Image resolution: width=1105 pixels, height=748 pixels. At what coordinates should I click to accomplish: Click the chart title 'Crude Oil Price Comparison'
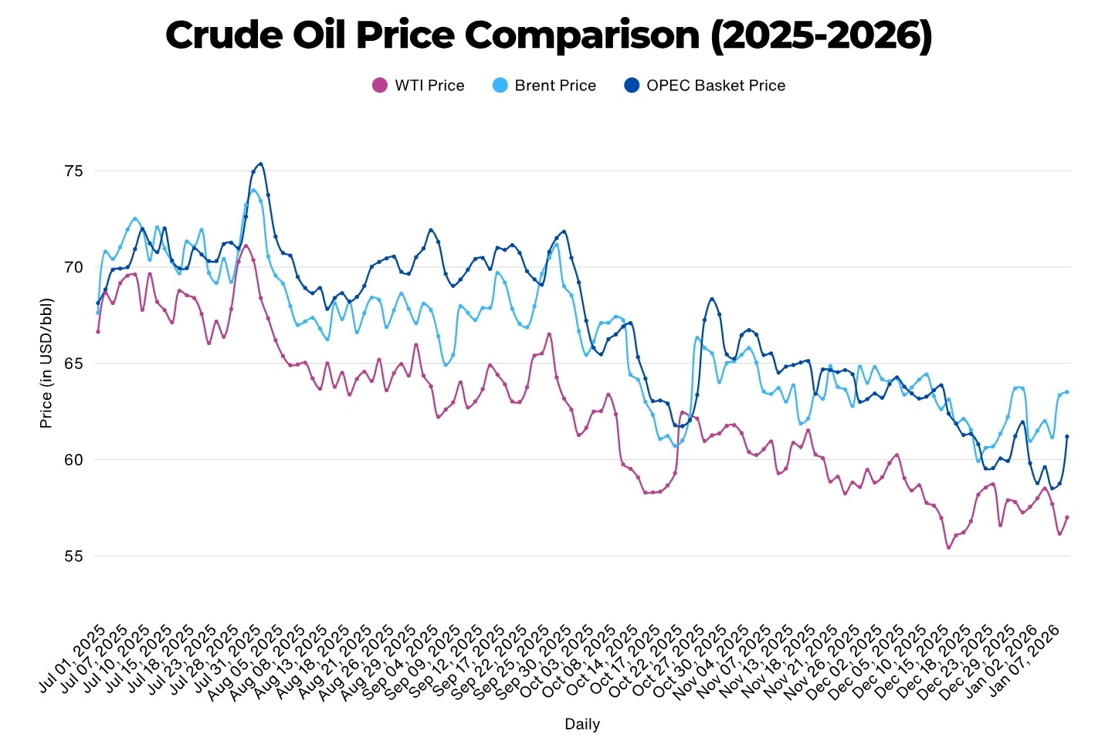tap(548, 36)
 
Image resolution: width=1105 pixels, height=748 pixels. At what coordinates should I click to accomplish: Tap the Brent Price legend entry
tap(544, 86)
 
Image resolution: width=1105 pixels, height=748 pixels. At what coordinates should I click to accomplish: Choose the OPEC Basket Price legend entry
tap(704, 86)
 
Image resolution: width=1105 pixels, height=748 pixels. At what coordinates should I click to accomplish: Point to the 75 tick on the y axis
tap(73, 171)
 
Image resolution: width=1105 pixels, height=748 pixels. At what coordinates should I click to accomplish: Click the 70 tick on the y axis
tap(73, 267)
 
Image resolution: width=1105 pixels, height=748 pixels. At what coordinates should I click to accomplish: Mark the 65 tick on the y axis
tap(73, 364)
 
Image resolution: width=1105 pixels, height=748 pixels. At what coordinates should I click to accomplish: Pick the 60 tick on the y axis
tap(73, 460)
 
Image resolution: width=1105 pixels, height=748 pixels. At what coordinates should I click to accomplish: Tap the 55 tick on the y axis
tap(73, 557)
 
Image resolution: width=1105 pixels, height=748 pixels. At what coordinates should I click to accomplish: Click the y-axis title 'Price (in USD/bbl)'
tap(46, 363)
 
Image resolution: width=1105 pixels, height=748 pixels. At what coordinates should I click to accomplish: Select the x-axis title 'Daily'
tap(582, 724)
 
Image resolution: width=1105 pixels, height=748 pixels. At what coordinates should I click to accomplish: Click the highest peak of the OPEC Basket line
tap(261, 164)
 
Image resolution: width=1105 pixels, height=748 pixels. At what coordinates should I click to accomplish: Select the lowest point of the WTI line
tap(948, 547)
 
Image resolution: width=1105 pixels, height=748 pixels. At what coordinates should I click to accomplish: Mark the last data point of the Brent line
tap(1067, 392)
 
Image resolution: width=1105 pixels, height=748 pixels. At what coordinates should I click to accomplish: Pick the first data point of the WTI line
tap(98, 331)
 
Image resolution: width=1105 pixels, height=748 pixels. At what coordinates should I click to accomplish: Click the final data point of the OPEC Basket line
tap(1067, 436)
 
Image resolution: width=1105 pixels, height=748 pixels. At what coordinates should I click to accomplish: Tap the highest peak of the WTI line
tap(246, 246)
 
